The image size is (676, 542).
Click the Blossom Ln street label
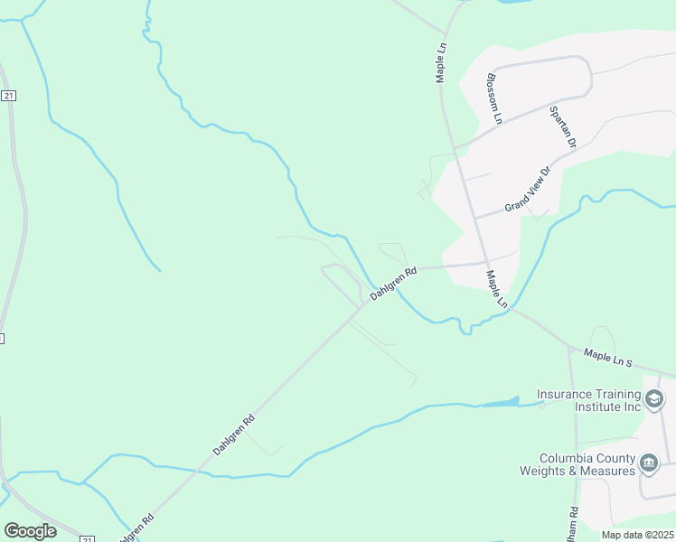(x=494, y=98)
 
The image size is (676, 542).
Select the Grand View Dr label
(x=528, y=190)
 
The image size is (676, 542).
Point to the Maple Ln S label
(x=609, y=359)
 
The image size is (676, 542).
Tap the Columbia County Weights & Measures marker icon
(x=648, y=464)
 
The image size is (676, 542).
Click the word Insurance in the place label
(x=563, y=394)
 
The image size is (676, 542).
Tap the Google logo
(x=30, y=530)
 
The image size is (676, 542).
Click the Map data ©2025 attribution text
(x=637, y=535)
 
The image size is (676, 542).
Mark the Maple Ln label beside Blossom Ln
(x=442, y=62)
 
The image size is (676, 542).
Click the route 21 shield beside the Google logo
(x=87, y=539)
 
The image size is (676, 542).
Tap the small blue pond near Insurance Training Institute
(x=502, y=402)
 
